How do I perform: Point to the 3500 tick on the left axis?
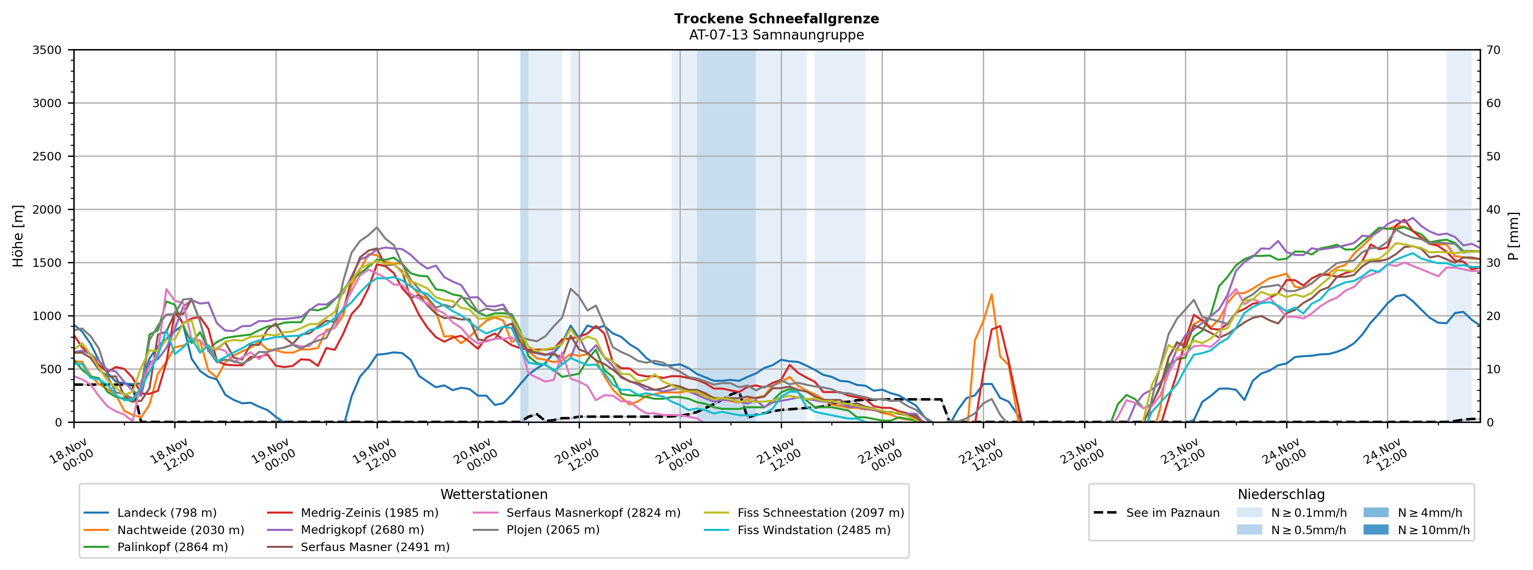[x=47, y=50]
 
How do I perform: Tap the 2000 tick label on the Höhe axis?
[x=47, y=210]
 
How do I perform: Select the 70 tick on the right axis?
[x=1494, y=50]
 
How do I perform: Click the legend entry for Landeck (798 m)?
[x=167, y=513]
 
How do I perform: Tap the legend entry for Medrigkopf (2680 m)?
[x=362, y=530]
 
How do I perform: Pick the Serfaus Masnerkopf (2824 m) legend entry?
[x=593, y=513]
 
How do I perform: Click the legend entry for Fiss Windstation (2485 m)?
[x=813, y=530]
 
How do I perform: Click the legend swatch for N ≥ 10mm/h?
[x=1375, y=530]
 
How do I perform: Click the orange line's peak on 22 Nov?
[x=991, y=295]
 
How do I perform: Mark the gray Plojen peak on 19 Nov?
[x=377, y=227]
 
